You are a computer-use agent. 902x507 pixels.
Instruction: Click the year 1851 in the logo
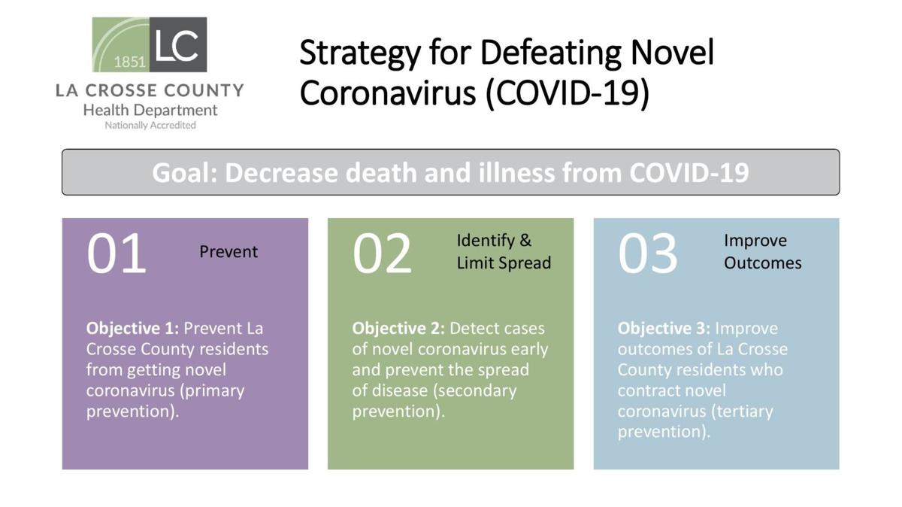coord(129,62)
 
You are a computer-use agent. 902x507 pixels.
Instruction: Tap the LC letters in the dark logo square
coord(177,44)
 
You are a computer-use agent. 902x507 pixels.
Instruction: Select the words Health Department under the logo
coord(150,110)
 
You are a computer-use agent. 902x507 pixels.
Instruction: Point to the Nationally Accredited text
coord(150,126)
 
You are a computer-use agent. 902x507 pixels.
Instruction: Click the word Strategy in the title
coord(360,54)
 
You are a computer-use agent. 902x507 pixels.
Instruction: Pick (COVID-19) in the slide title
coord(568,93)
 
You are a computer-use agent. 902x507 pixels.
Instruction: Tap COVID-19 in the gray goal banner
coord(689,172)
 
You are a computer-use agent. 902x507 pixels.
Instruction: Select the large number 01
coord(116,254)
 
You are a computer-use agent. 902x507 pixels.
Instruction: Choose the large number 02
coord(382,254)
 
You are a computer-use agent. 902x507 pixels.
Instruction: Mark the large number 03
coord(648,254)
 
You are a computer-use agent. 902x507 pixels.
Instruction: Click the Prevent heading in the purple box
coord(229,252)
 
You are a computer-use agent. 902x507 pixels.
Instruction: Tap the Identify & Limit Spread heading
coord(504,252)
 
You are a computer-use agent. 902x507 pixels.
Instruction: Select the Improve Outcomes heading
coord(763,252)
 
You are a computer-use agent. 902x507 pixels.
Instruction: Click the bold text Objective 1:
coord(132,329)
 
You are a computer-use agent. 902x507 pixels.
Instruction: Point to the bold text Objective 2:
coord(398,329)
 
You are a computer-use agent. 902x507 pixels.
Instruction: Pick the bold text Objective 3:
coord(664,329)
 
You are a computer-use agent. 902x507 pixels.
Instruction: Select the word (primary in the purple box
coord(212,391)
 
